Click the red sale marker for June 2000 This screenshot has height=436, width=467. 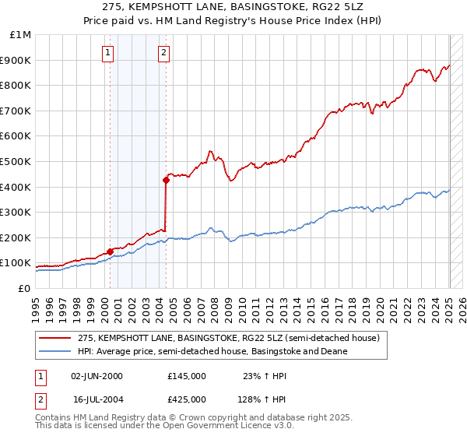tap(110, 251)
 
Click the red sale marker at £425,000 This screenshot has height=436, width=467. tap(166, 181)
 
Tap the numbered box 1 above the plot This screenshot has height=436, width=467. tap(107, 53)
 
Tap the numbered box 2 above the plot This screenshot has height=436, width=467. tap(164, 53)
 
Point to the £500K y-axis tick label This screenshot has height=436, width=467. tap(15, 161)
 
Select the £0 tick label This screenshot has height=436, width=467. tap(23, 289)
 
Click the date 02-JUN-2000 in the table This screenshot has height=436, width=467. tap(97, 375)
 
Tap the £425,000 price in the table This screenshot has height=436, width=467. tap(187, 399)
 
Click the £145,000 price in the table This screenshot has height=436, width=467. tap(187, 375)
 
